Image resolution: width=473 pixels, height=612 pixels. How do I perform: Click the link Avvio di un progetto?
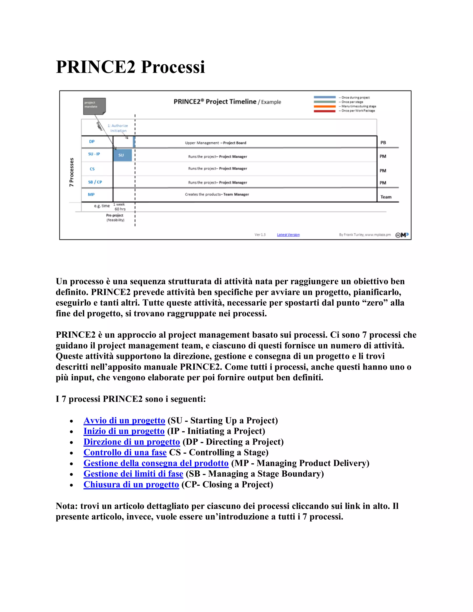[124, 421]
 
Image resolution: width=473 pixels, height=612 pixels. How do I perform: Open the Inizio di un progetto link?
[124, 431]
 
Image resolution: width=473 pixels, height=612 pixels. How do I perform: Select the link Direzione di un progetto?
[131, 442]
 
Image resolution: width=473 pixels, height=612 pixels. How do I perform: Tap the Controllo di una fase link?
[125, 453]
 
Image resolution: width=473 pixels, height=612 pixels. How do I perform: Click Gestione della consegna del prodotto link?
[156, 463]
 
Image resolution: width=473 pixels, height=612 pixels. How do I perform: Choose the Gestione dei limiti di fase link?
[133, 474]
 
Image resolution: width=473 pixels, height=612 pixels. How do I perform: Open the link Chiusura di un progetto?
[131, 485]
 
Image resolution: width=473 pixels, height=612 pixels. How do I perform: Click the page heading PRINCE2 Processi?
[130, 67]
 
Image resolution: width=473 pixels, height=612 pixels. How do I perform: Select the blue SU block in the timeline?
[122, 155]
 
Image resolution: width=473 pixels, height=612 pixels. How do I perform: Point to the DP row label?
[92, 142]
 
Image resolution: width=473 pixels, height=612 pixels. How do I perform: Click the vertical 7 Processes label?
[72, 172]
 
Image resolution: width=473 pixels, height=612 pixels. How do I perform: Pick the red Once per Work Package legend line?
[324, 111]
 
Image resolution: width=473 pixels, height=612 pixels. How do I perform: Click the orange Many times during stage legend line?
[324, 106]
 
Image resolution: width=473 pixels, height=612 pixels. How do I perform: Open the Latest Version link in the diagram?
[288, 235]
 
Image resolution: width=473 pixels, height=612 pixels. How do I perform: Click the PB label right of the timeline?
[383, 143]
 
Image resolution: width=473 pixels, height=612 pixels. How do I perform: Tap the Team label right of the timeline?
[386, 197]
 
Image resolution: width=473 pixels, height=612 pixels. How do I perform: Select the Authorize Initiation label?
[118, 128]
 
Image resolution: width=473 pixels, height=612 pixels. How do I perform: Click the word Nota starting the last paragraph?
[66, 506]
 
